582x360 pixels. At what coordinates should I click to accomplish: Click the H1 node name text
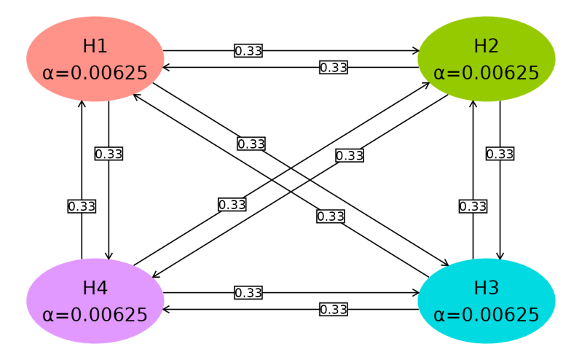[95, 46]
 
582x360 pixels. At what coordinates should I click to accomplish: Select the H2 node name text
[486, 46]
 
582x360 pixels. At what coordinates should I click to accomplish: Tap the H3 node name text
[486, 288]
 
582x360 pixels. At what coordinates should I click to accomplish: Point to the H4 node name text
[95, 288]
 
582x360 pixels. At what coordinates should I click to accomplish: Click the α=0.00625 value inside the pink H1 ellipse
[95, 73]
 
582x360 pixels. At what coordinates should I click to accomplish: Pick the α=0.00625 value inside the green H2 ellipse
[486, 73]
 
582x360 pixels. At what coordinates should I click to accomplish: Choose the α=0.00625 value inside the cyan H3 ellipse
[486, 315]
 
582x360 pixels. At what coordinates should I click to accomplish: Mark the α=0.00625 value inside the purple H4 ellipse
[95, 315]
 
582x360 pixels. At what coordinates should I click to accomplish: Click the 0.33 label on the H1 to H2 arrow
[248, 51]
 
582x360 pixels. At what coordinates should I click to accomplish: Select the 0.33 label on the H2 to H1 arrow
[333, 68]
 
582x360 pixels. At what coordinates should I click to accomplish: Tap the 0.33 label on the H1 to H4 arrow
[109, 154]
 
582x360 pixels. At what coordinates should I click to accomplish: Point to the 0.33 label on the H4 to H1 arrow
[82, 206]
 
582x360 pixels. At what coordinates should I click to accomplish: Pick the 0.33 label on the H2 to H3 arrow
[500, 154]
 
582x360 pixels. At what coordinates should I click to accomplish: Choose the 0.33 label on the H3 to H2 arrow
[473, 206]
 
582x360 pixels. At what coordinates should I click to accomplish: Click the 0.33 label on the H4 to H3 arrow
[248, 293]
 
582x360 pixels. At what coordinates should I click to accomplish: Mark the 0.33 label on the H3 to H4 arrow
[333, 310]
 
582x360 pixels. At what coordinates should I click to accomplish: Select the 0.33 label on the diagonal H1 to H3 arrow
[251, 144]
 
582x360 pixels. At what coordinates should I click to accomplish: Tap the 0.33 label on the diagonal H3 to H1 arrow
[331, 216]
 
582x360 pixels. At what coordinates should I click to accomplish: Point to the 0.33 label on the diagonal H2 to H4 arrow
[350, 155]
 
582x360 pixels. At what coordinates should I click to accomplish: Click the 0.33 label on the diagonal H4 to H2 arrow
[232, 205]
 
